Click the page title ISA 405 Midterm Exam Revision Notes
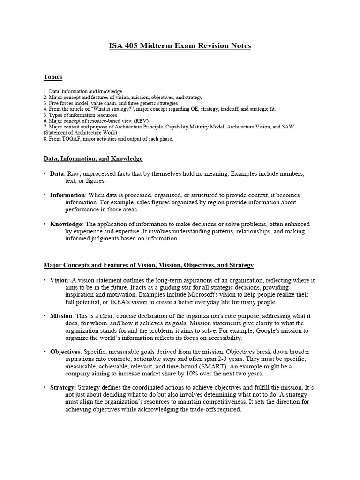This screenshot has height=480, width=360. click(x=180, y=46)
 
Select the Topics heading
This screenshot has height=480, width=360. click(x=53, y=77)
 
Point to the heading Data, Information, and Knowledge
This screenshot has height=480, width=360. click(x=93, y=159)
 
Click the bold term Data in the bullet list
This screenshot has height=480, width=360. click(x=57, y=174)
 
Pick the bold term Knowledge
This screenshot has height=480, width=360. click(x=66, y=224)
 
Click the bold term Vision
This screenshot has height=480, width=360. click(x=59, y=280)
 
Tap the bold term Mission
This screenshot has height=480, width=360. click(x=61, y=316)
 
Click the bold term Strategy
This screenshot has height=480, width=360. click(x=62, y=387)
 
